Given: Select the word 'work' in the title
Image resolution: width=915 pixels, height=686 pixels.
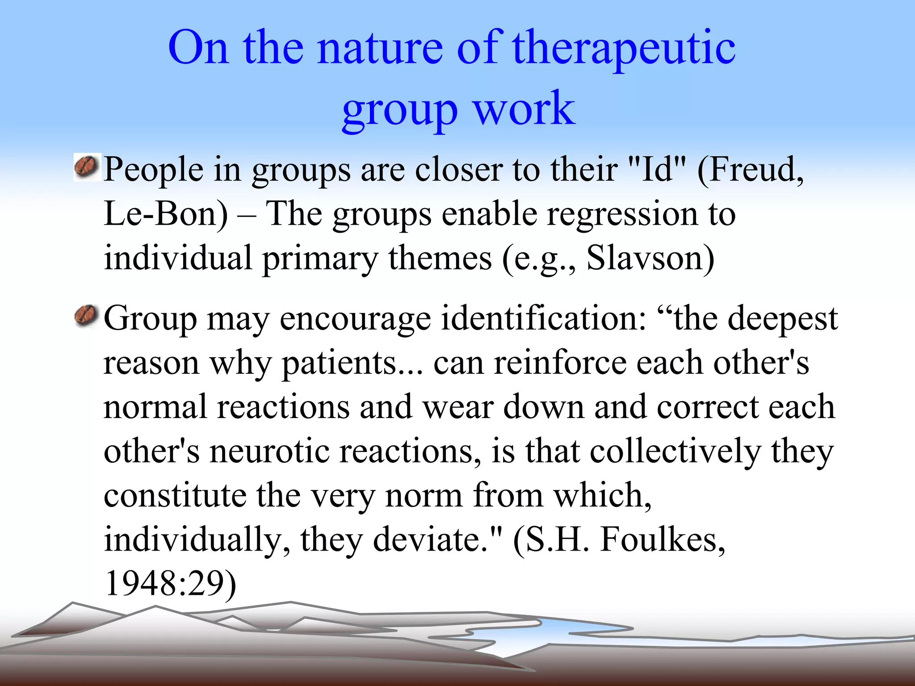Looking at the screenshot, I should pos(524,108).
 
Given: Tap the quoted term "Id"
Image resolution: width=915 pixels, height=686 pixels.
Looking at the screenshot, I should pos(657,170).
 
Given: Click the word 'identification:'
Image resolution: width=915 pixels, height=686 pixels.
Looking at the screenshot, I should pos(543,318).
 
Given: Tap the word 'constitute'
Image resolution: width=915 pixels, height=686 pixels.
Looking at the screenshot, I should pos(175,496).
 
